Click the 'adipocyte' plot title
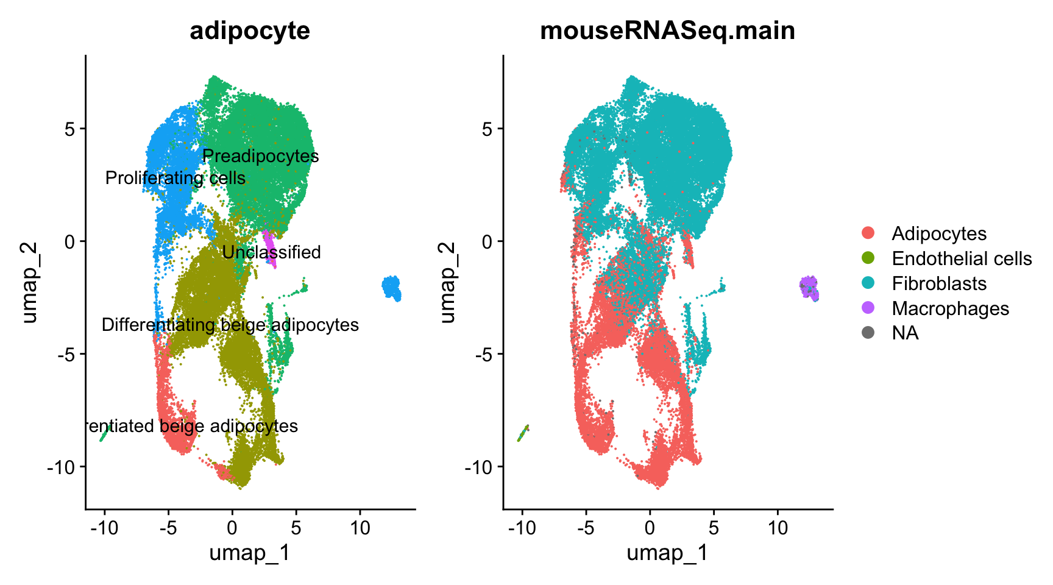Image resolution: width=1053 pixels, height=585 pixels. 250,30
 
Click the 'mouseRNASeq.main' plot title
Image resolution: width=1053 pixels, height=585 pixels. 667,30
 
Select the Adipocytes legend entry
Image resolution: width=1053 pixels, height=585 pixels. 938,233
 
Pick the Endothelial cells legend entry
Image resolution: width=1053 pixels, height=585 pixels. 961,258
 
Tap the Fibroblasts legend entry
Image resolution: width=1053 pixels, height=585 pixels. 938,283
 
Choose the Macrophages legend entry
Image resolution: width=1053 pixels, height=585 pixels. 950,308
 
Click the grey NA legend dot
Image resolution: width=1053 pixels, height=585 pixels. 868,333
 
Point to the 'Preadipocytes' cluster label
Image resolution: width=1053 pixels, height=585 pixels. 260,156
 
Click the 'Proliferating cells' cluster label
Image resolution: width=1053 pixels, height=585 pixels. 175,178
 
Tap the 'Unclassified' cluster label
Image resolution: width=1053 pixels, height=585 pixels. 271,252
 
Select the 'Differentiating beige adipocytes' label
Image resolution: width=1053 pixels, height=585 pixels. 230,325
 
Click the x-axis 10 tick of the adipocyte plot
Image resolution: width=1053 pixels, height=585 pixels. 360,528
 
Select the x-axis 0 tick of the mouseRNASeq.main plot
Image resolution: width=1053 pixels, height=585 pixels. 650,528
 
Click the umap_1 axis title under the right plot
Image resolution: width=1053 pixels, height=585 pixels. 667,553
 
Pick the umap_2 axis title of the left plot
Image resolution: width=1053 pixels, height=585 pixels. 29,282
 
